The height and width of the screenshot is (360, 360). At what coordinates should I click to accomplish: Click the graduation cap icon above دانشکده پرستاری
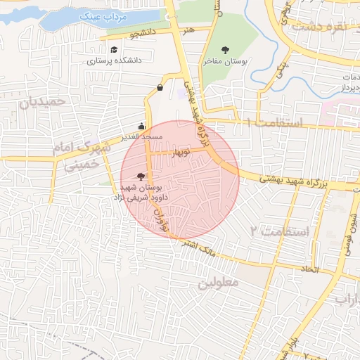(114, 50)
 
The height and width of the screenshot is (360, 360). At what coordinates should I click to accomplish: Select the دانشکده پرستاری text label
(114, 60)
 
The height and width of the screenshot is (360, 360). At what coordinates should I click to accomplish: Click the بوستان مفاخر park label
(226, 61)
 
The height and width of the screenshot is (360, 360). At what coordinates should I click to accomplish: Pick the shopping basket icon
(160, 88)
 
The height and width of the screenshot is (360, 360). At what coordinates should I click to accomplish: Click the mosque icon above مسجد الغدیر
(143, 127)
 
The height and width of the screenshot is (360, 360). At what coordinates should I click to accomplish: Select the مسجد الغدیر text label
(141, 136)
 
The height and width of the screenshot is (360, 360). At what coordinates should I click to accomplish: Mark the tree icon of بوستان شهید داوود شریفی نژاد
(142, 177)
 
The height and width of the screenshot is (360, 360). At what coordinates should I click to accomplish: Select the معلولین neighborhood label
(218, 283)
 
